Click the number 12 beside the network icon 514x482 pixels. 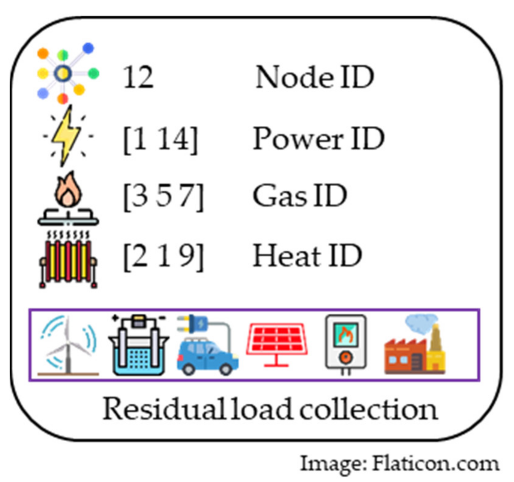click(138, 78)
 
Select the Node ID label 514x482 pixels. click(315, 78)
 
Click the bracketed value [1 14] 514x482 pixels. click(161, 139)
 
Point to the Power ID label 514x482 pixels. click(318, 139)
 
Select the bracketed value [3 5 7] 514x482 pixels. click(163, 197)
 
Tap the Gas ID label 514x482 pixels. click(300, 196)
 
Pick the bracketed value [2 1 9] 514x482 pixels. click(163, 256)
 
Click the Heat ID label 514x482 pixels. click(307, 256)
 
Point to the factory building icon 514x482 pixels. click(415, 352)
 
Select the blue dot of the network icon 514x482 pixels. click(88, 48)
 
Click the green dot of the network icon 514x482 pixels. click(93, 73)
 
